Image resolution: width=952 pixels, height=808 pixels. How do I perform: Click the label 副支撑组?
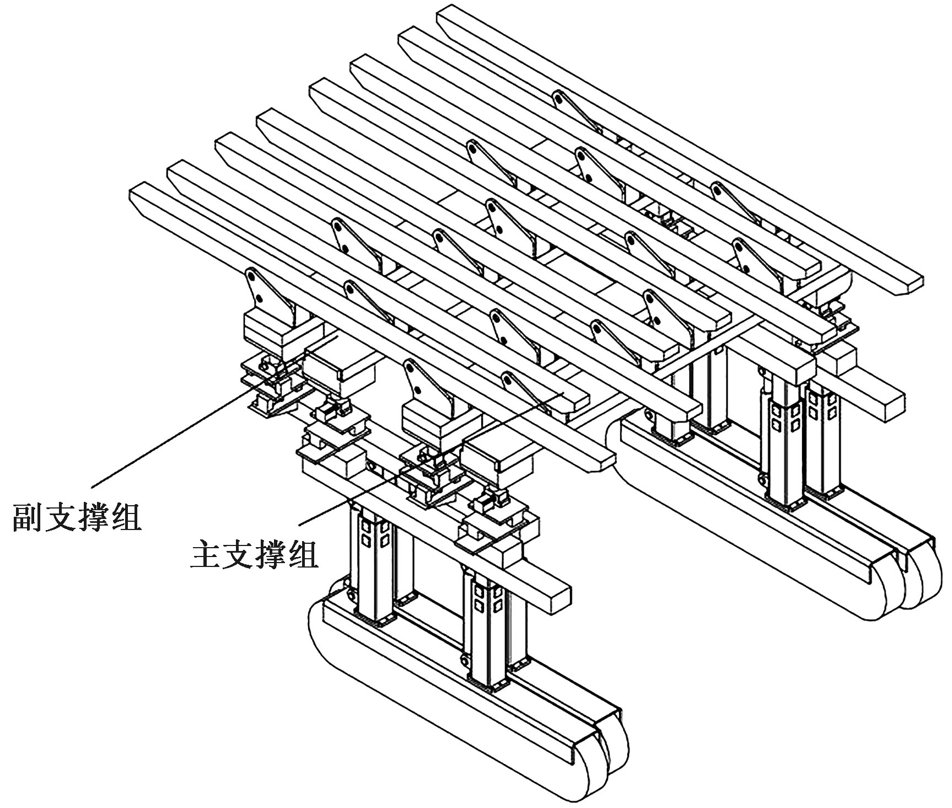77,516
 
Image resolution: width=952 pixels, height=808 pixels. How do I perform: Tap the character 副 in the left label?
28,516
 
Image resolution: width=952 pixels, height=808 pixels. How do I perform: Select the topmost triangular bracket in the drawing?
579,110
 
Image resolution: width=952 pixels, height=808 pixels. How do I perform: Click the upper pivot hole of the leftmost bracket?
251,274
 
